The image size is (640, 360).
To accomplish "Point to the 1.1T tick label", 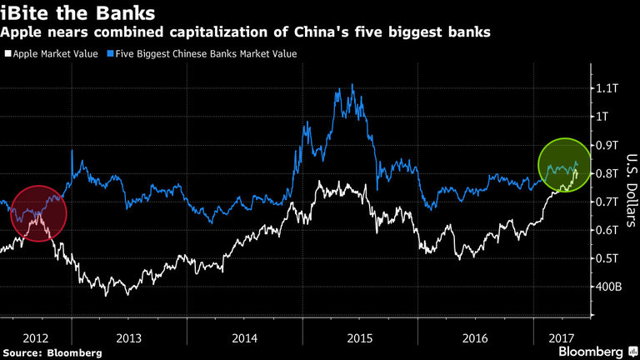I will coord(606,88).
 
